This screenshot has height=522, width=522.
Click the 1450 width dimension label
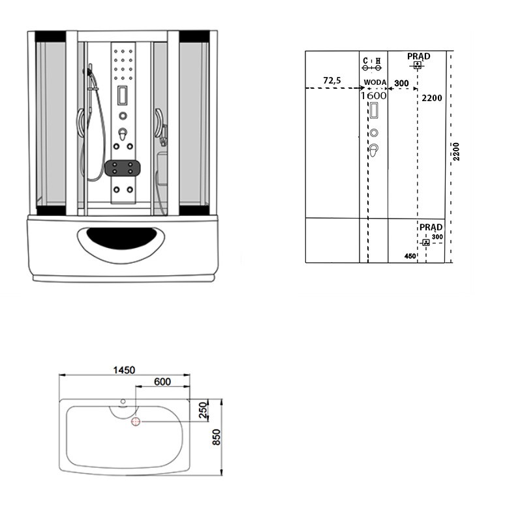pyautogui.click(x=124, y=370)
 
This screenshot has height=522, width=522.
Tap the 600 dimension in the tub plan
pyautogui.click(x=162, y=382)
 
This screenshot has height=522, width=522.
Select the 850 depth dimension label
pyautogui.click(x=216, y=437)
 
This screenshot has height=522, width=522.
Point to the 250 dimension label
pyautogui.click(x=203, y=410)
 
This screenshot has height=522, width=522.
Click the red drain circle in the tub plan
pyautogui.click(x=136, y=422)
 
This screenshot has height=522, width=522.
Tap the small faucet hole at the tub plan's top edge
pyautogui.click(x=123, y=401)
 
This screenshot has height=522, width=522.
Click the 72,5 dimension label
pyautogui.click(x=332, y=80)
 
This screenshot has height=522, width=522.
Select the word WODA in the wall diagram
pyautogui.click(x=375, y=82)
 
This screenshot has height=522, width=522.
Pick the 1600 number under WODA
pyautogui.click(x=374, y=95)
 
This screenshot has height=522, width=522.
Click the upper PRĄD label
pyautogui.click(x=419, y=56)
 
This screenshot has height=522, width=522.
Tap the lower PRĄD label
pyautogui.click(x=431, y=227)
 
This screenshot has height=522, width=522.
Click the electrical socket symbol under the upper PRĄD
pyautogui.click(x=418, y=65)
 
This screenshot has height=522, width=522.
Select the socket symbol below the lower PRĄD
pyautogui.click(x=426, y=242)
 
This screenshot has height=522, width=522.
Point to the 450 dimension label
pyautogui.click(x=410, y=256)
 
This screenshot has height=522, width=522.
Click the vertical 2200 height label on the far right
pyautogui.click(x=456, y=151)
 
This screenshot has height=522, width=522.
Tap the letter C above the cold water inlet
pyautogui.click(x=365, y=61)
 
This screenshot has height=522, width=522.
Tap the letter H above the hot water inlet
pyautogui.click(x=378, y=61)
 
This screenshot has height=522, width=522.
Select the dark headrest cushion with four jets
pyautogui.click(x=123, y=168)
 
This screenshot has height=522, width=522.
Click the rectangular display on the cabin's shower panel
pyautogui.click(x=123, y=95)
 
